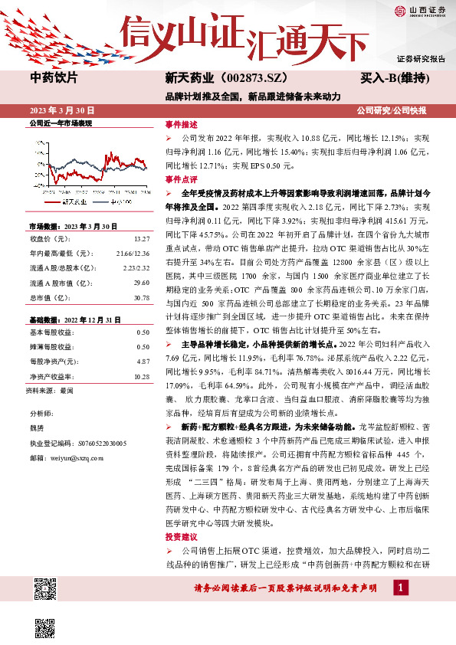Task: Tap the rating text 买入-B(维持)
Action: pos(394,77)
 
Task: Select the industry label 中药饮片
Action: pos(53,77)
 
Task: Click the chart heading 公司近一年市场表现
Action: pos(61,123)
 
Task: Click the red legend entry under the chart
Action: pos(64,201)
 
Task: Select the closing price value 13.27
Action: pos(141,238)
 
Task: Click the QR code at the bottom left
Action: pos(47,591)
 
